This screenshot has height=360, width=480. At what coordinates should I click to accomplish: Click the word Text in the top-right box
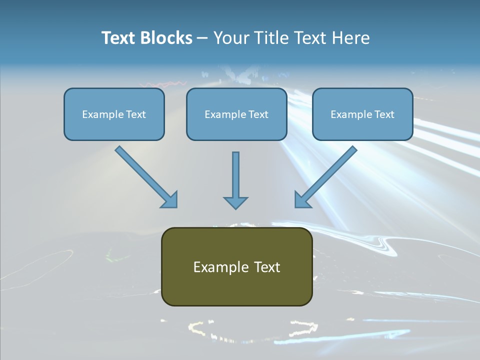pos(384,114)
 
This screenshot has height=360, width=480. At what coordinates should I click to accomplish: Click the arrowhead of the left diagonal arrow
pos(170,200)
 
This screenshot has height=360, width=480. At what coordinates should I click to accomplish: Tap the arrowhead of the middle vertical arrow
pos(235,202)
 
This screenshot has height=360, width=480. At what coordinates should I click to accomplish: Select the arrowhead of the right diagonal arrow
pos(302,200)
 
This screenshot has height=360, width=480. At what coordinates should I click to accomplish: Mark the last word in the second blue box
pos(258,114)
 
